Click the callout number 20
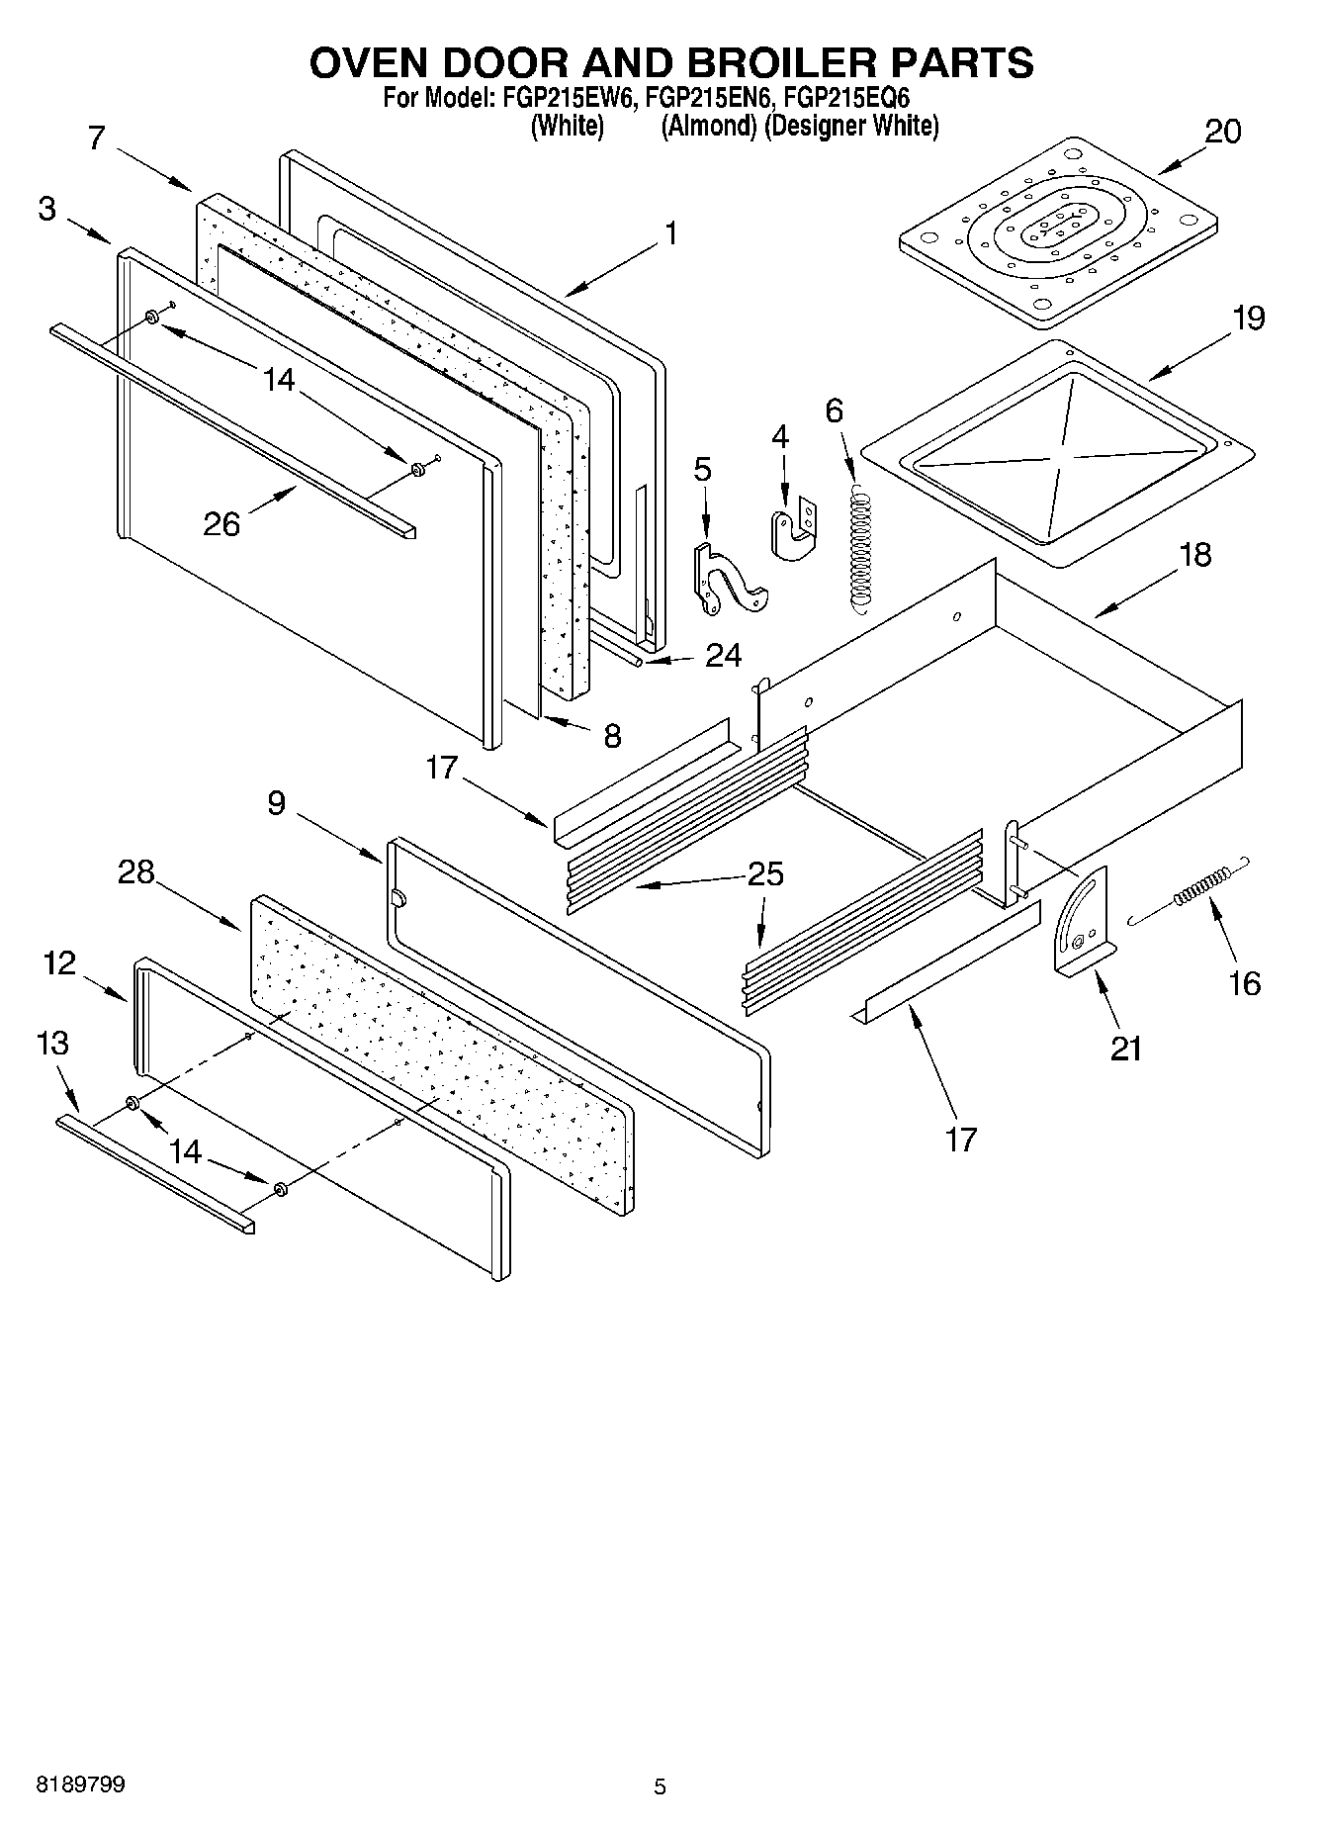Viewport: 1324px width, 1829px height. [1222, 131]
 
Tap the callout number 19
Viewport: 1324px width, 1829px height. [1248, 319]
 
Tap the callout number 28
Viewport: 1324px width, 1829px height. [136, 872]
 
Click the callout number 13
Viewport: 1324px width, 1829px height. [52, 1043]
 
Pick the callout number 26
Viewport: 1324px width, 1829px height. [221, 523]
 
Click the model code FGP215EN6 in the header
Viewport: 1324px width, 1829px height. [707, 99]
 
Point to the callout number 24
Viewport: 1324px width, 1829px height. [723, 656]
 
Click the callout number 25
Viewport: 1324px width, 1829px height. [765, 874]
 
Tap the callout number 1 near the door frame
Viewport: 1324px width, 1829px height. [671, 233]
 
